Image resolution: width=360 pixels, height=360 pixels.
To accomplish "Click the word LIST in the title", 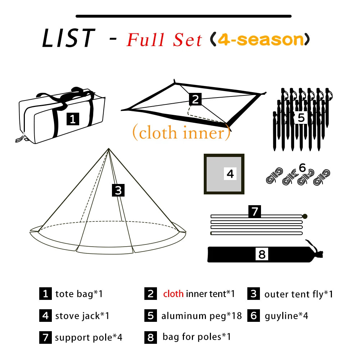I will click(x=68, y=38).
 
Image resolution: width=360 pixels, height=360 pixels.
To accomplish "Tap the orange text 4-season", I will click(x=261, y=39).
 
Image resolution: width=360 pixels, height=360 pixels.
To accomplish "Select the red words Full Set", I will click(x=164, y=40).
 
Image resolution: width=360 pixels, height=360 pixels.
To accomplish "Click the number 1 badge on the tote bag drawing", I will click(x=73, y=119).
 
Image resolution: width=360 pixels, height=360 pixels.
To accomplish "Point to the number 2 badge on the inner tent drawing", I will click(x=195, y=99).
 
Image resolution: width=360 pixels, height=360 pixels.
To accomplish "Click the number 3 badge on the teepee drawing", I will click(x=118, y=190).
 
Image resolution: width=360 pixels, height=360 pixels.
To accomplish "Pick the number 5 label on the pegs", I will click(x=301, y=118).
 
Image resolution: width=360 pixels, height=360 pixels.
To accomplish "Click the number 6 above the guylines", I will click(x=302, y=167).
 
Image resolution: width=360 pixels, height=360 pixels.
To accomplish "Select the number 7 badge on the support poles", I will click(x=255, y=211).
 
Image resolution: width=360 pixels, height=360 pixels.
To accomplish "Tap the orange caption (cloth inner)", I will click(x=181, y=133).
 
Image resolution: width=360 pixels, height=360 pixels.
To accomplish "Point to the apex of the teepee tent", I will click(x=108, y=149).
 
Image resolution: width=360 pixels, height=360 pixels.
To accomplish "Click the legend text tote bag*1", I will click(x=79, y=294).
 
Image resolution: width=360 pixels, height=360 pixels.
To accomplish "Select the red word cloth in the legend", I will click(x=173, y=294).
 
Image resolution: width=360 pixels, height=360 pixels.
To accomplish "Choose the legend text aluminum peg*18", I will click(x=201, y=316).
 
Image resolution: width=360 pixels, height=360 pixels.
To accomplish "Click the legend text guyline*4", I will click(x=286, y=316).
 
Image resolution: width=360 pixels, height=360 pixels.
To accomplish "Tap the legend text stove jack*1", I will click(x=82, y=316).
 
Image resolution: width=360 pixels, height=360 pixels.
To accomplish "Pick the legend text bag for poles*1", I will click(x=197, y=337).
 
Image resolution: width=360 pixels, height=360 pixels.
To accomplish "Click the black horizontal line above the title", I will click(x=184, y=16).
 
